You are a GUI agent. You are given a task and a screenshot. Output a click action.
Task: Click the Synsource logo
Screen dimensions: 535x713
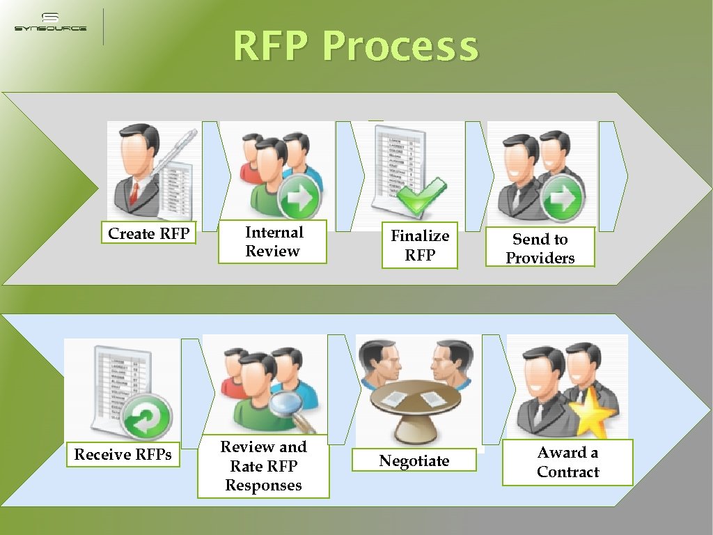(50, 22)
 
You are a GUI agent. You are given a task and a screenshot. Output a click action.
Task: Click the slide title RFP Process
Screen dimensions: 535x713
(356, 46)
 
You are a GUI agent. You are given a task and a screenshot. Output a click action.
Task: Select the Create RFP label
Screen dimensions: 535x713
(149, 233)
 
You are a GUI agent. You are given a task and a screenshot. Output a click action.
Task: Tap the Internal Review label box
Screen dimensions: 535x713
(273, 242)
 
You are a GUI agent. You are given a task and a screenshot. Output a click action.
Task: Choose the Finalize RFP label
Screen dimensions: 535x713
(420, 245)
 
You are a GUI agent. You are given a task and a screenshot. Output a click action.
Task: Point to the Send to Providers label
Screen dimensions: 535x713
(540, 248)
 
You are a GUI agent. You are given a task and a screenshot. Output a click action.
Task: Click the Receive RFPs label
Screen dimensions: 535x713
(123, 454)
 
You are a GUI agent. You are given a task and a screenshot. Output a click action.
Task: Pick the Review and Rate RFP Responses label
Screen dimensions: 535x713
(263, 466)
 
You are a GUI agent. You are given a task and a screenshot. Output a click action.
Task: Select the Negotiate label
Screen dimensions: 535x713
(414, 460)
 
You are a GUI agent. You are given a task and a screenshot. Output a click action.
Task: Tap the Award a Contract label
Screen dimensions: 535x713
(567, 462)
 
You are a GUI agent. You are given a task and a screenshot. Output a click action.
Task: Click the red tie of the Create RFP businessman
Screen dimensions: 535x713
(134, 192)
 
